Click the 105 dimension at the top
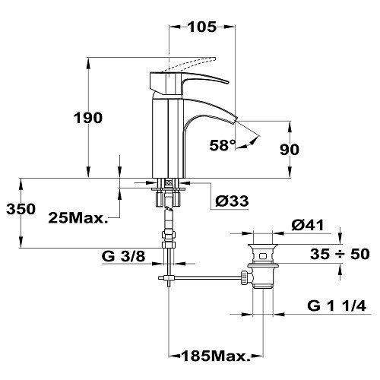pos(202,27)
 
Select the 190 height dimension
pos(88,118)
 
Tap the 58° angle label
pos(223,145)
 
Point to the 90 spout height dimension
pos(290,149)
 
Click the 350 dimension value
pos(21,209)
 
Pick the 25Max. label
pos(78,217)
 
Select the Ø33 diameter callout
pos(232,201)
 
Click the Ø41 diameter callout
pos(308,225)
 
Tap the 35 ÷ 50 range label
pos(340,254)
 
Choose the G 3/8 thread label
pos(123,256)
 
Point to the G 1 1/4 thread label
pos(337,306)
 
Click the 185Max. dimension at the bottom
pos(216,356)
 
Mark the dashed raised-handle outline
pos(188,64)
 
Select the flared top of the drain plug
pos(263,246)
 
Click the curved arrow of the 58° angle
pos(250,143)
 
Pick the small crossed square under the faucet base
pos(168,182)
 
